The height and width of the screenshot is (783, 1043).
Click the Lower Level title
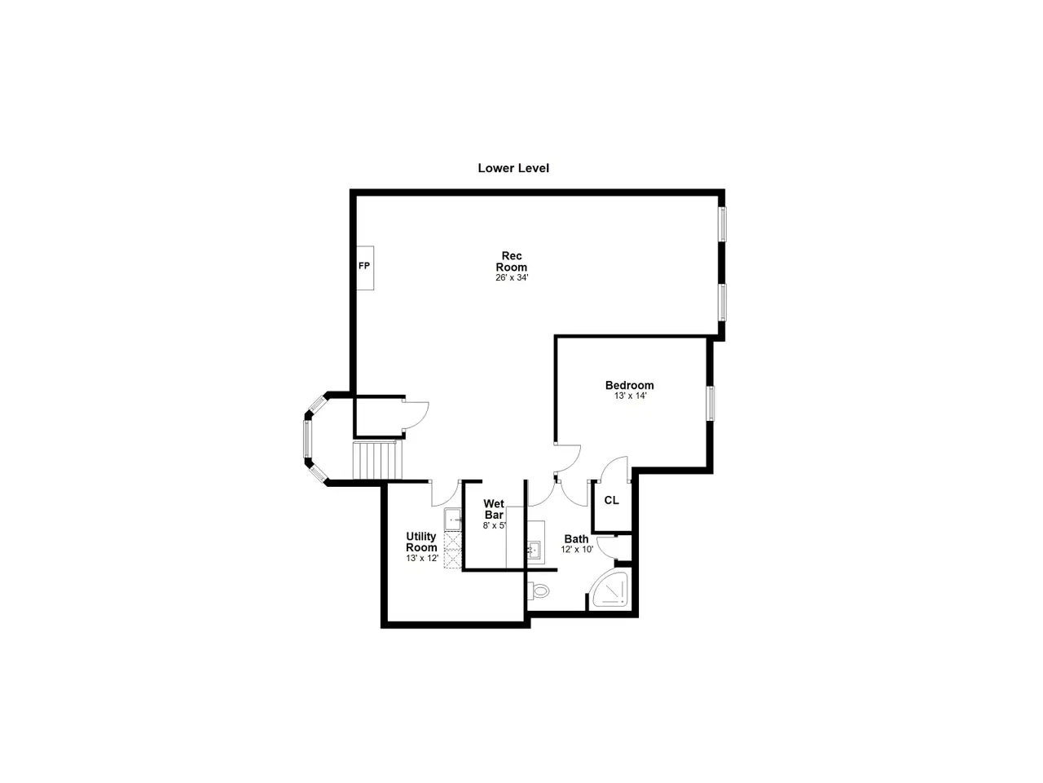tap(513, 168)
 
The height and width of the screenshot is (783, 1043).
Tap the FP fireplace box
tap(365, 268)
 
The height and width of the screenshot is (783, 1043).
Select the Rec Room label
tap(511, 262)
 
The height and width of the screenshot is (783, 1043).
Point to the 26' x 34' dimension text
tap(512, 277)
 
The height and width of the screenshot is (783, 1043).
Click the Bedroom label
tap(629, 385)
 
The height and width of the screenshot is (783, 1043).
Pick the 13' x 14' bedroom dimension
tap(630, 396)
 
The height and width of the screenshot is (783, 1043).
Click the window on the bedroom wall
tap(711, 404)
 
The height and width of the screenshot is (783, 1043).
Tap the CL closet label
tap(612, 500)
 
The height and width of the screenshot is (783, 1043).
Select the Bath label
tap(576, 539)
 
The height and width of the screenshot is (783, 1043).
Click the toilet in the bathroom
tap(539, 592)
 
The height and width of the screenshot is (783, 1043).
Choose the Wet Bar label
tap(494, 509)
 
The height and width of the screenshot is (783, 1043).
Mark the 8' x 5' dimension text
tap(495, 526)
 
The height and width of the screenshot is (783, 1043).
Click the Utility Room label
tap(421, 542)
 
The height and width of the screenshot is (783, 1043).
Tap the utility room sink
tap(453, 520)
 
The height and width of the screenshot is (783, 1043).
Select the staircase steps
tap(378, 460)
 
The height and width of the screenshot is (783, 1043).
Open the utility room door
tap(446, 493)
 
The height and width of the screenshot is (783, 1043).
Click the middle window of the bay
tap(307, 439)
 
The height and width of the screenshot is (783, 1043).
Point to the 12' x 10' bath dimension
tap(577, 550)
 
